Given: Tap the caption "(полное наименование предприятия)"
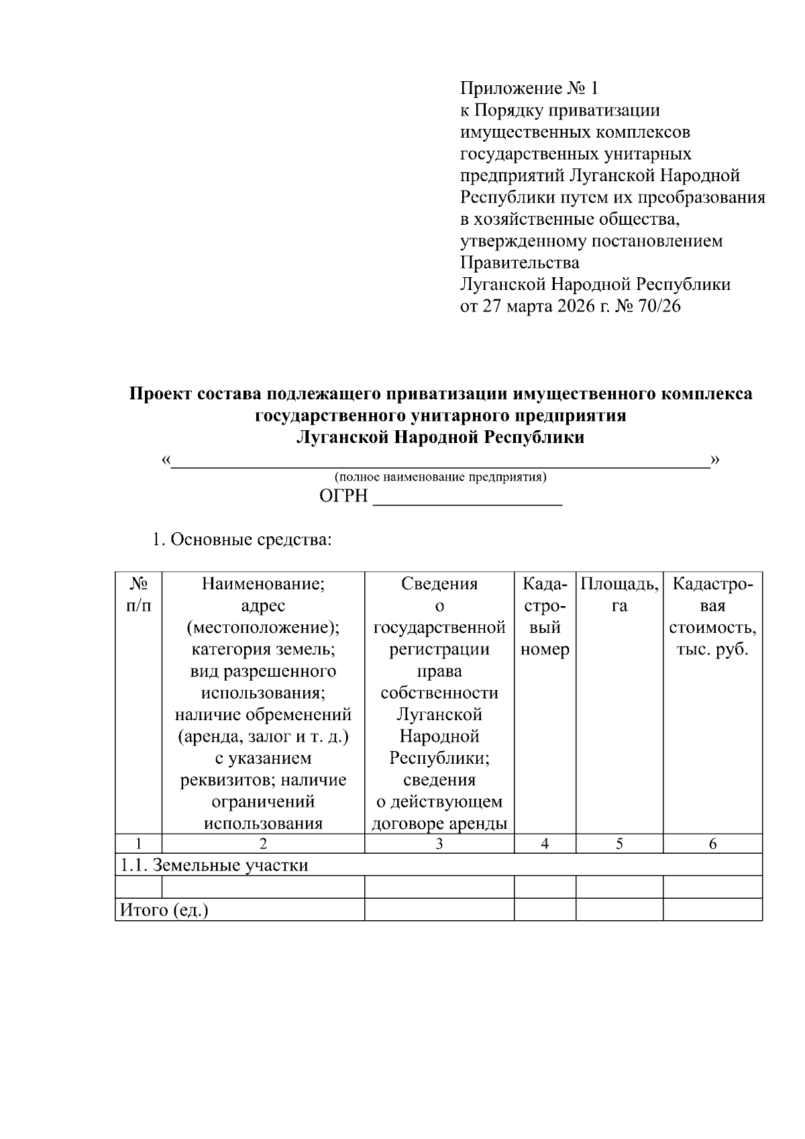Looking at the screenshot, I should (441, 477).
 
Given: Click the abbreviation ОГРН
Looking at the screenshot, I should (344, 497).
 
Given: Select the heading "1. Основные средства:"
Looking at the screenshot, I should (241, 540).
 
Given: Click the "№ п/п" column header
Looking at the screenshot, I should (138, 595).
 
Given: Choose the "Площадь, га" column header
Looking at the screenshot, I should (619, 595).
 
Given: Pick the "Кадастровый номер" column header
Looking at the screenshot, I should (545, 616).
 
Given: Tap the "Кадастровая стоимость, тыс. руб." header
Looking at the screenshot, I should (712, 616).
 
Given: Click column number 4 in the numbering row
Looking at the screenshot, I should (545, 844).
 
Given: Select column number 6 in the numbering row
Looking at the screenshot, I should (712, 844).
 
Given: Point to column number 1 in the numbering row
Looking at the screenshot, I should (138, 844).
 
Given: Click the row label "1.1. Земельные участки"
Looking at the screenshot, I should (214, 865).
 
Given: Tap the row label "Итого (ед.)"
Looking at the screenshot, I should (164, 910).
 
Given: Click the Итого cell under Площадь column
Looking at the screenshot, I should (619, 910).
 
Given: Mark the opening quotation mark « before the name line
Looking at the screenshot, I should (166, 460).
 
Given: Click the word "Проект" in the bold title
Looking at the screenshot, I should (160, 393).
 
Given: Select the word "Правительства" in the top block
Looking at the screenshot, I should (519, 262).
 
